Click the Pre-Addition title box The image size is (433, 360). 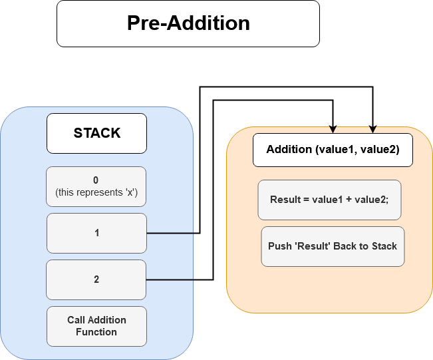click(188, 23)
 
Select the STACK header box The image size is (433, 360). click(96, 133)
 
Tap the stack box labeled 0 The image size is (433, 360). click(96, 186)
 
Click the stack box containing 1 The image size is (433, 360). click(96, 233)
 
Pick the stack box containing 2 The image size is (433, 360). click(96, 279)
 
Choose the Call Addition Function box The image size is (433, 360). click(96, 326)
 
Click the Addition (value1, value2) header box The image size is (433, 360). click(333, 150)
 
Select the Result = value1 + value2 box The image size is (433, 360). click(330, 200)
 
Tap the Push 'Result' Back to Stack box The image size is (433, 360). click(333, 246)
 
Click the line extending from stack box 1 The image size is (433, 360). click(170, 234)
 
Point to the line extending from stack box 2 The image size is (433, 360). click(170, 280)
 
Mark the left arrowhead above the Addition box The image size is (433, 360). click(333, 129)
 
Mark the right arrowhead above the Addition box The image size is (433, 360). click(373, 129)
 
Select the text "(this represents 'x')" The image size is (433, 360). click(96, 192)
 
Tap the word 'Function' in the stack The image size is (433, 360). click(96, 332)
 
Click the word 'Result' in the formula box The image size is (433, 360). click(285, 200)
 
